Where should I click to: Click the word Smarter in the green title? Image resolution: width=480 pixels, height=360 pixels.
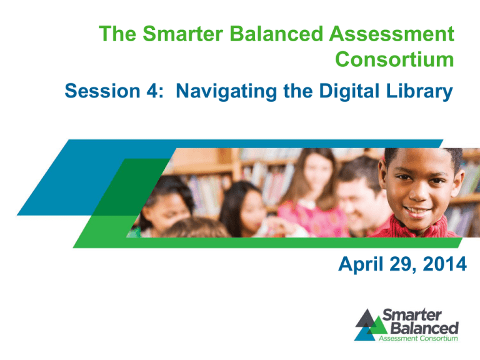click(182, 34)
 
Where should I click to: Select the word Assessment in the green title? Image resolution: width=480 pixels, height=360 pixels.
click(391, 34)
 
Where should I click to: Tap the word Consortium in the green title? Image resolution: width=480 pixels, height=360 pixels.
click(394, 59)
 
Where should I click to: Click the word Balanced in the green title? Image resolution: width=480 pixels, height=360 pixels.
click(276, 34)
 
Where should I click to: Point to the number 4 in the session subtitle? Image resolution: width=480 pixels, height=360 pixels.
click(152, 91)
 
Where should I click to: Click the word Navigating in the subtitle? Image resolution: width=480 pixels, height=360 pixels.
click(226, 91)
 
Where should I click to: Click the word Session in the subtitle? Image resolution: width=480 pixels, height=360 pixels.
click(102, 91)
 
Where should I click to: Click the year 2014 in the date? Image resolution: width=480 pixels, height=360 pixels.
click(445, 264)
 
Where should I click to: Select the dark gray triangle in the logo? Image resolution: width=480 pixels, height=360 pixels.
click(366, 318)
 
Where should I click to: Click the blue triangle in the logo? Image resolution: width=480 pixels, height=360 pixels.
click(364, 334)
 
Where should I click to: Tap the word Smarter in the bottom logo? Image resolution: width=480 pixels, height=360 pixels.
click(412, 315)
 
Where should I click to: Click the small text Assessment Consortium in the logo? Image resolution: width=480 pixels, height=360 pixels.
click(418, 338)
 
